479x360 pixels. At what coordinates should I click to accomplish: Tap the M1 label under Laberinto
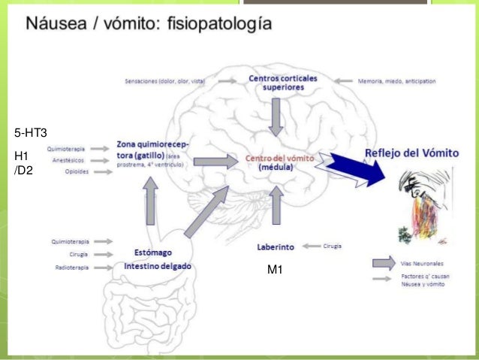pyautogui.click(x=275, y=269)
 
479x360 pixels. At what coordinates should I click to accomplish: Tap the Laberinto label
pyautogui.click(x=276, y=246)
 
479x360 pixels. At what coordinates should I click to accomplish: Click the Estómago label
pyautogui.click(x=150, y=254)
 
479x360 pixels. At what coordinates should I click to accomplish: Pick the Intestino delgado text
pyautogui.click(x=158, y=266)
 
